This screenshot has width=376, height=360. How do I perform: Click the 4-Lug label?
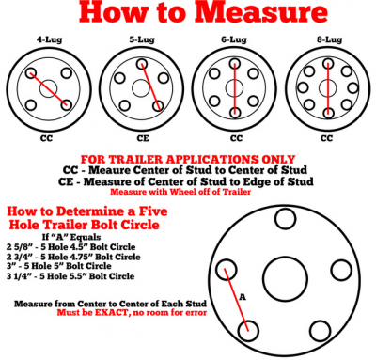[x=50, y=40]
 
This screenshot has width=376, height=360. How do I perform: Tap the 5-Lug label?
[x=142, y=39]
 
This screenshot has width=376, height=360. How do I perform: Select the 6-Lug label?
[x=234, y=39]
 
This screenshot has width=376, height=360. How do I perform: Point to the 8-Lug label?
[x=329, y=40]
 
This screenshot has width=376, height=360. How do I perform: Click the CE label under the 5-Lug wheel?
[x=143, y=138]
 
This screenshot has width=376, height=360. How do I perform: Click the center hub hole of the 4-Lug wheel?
[x=48, y=88]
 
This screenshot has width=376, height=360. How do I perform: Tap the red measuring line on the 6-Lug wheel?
[x=235, y=88]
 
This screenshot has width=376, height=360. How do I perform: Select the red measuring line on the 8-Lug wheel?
[x=328, y=88]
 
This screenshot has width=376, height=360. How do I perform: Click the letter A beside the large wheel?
[x=243, y=297]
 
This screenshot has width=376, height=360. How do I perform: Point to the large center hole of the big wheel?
[x=285, y=279]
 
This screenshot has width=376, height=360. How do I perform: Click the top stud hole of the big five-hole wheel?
[x=285, y=218]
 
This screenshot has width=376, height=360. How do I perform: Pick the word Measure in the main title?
[x=261, y=13]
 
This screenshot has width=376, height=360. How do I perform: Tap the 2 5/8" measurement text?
[x=18, y=247]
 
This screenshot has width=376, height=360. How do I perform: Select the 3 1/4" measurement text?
[x=18, y=276]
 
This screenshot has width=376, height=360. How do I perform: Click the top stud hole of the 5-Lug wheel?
[x=142, y=64]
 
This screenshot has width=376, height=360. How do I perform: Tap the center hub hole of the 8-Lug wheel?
[x=328, y=87]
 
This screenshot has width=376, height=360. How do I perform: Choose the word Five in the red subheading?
[x=153, y=211]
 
